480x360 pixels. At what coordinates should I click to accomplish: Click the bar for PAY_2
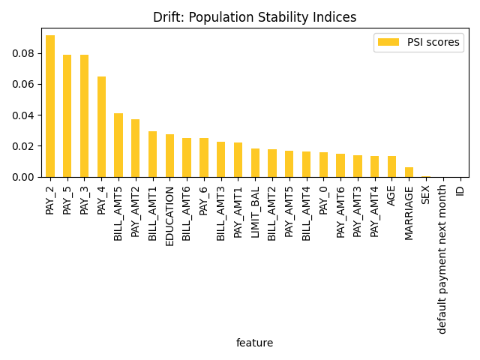click(x=50, y=106)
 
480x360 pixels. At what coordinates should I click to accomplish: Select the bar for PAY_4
click(x=101, y=127)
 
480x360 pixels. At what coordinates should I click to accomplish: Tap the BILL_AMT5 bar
click(x=118, y=145)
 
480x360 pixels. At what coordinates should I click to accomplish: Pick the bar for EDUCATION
click(x=169, y=156)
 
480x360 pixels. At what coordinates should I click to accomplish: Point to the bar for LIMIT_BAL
click(x=255, y=163)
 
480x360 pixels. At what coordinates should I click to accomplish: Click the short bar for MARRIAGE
click(x=409, y=172)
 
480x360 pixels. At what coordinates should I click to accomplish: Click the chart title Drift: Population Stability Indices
click(x=254, y=17)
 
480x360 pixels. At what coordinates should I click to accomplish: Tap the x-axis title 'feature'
click(x=254, y=343)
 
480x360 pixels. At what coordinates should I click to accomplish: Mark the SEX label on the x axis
click(x=426, y=194)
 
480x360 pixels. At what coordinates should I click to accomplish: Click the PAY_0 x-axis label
click(x=323, y=199)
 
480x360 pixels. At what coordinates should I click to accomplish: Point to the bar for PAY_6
click(x=204, y=157)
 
